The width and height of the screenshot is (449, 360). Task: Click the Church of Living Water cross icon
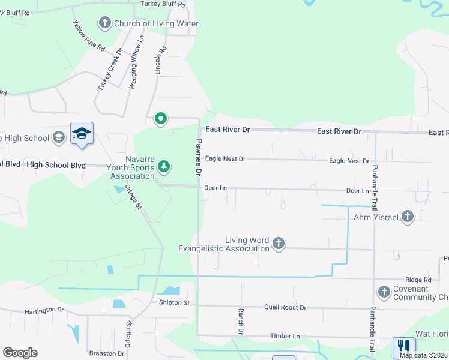click(105, 23)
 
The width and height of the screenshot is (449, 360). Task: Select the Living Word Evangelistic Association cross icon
click(278, 243)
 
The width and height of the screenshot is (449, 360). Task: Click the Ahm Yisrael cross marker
click(408, 217)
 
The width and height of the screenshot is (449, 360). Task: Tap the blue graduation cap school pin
click(82, 134)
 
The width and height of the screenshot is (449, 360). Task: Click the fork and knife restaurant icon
click(403, 347)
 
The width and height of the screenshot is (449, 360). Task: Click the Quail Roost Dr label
click(285, 307)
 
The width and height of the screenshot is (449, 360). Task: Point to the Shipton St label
click(174, 302)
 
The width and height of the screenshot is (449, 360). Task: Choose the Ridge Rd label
click(418, 280)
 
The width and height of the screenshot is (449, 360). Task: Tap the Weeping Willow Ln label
click(137, 62)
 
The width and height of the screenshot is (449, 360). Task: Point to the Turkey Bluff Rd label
click(163, 4)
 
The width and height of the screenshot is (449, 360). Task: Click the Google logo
click(20, 353)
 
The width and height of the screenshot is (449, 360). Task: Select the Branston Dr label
click(106, 353)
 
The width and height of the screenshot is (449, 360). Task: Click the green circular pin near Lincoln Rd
click(161, 119)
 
